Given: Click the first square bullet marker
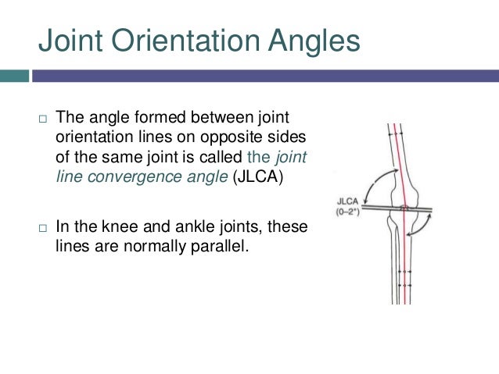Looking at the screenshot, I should click(x=43, y=119).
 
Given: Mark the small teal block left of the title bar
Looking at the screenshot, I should click(x=14, y=76).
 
